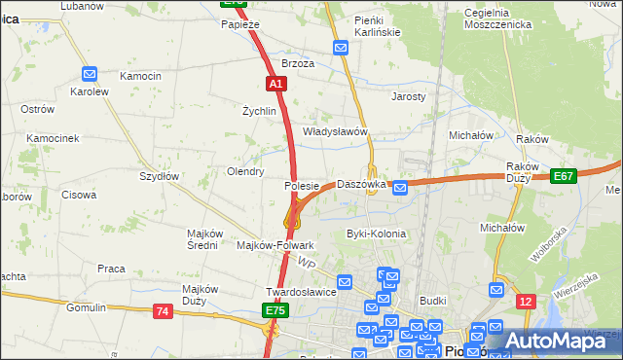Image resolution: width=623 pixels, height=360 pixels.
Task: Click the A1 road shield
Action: [x=277, y=85]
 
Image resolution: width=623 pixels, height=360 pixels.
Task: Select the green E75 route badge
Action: [x=275, y=310]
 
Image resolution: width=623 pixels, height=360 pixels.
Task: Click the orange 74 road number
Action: [x=163, y=311]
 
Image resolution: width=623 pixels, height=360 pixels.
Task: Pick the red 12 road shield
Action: [x=526, y=302]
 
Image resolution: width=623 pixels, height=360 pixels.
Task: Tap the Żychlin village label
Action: [x=260, y=112]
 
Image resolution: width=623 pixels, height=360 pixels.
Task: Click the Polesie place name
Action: [x=302, y=185]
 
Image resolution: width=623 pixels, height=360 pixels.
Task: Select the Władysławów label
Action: [x=334, y=131]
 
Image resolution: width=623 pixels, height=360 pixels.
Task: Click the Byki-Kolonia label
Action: [x=377, y=234]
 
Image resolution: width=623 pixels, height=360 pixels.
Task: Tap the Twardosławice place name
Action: [x=301, y=292]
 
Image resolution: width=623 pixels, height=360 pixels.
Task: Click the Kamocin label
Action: [x=140, y=76]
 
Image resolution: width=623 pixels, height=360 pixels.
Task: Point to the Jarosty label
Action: [x=409, y=97]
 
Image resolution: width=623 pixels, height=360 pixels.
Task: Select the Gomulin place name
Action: [x=86, y=307]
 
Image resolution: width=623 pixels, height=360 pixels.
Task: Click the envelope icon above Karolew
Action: [x=90, y=73]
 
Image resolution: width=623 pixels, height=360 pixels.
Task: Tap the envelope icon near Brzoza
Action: [x=341, y=48]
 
